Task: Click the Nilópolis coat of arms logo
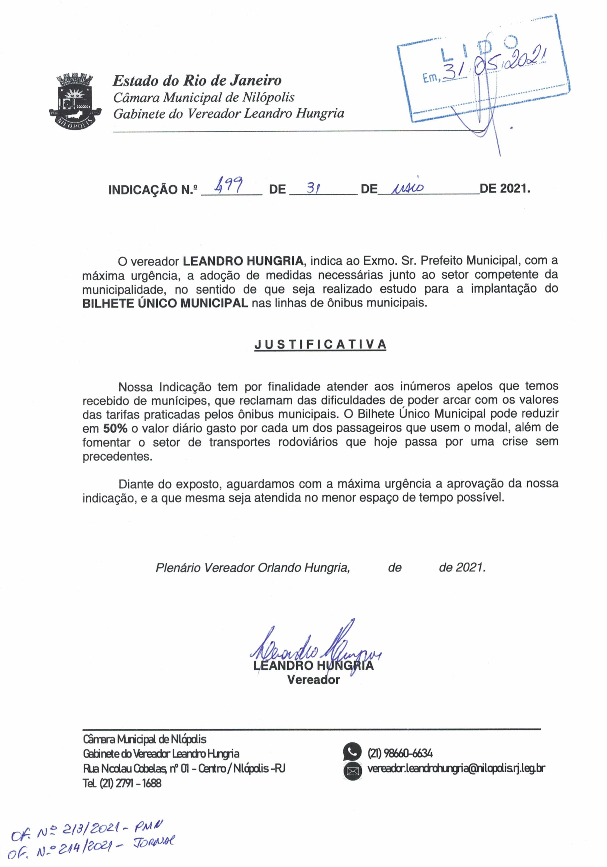coord(75,101)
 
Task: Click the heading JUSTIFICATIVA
coord(320,344)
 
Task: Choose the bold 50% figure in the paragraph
coord(115,428)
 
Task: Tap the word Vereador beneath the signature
coord(313,680)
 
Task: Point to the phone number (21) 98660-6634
coord(400,753)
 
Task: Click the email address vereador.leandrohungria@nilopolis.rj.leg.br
coord(456,768)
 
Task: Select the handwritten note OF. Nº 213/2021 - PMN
coord(87,828)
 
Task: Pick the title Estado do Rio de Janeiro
coord(197,80)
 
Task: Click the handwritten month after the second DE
coord(407,187)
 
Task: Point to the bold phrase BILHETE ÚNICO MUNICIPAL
coord(165,303)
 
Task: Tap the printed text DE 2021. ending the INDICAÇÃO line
coord(505,188)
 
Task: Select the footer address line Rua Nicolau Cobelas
coord(184,768)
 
